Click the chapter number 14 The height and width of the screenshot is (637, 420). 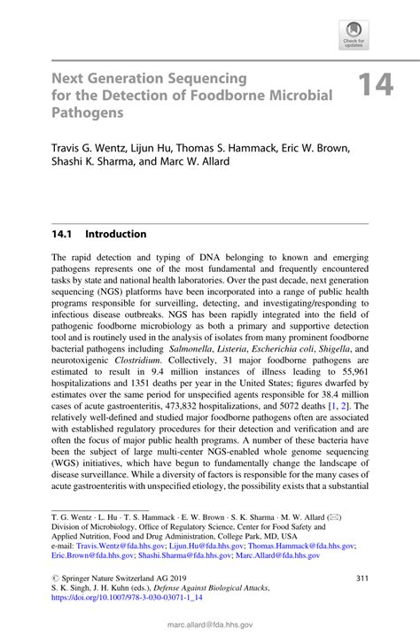point(376,86)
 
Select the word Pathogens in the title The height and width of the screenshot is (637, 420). point(88,113)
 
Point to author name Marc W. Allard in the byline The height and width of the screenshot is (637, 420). point(221,163)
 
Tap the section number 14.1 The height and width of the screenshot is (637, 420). point(65,235)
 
